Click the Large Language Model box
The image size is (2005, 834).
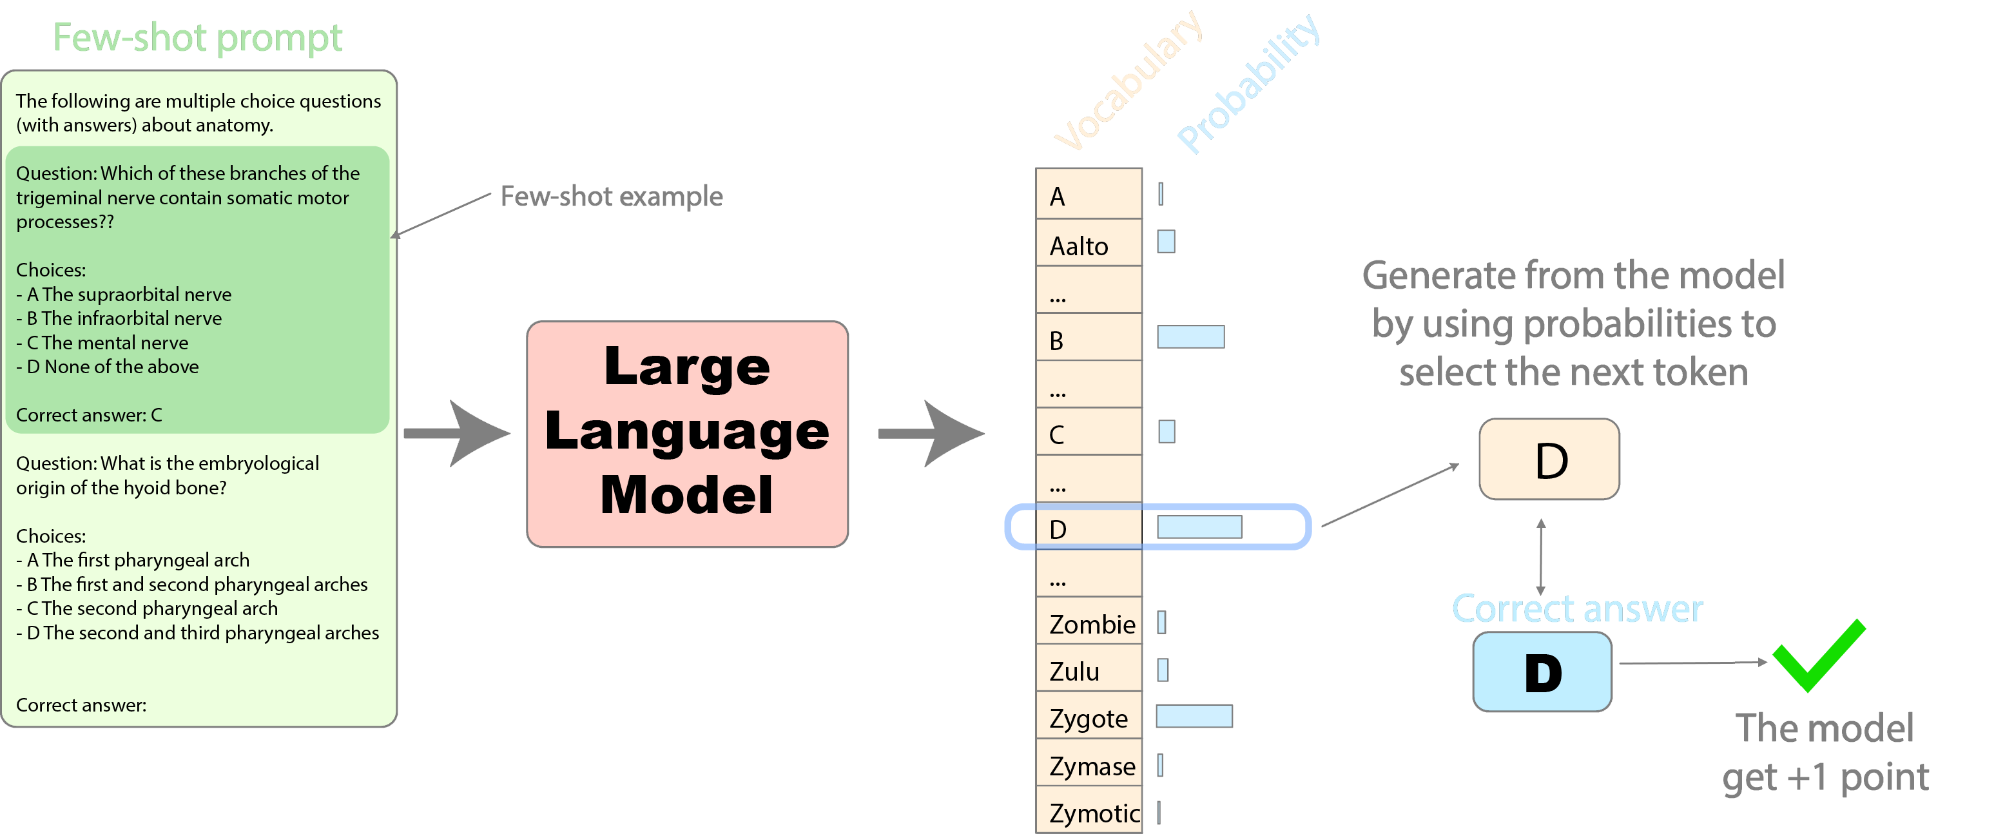pyautogui.click(x=687, y=434)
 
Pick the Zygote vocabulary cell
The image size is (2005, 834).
pyautogui.click(x=1088, y=717)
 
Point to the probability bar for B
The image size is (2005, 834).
pyautogui.click(x=1190, y=337)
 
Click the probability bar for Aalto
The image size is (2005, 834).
pyautogui.click(x=1166, y=242)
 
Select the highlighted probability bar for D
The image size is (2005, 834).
pyautogui.click(x=1199, y=527)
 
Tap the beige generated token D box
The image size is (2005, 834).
pyautogui.click(x=1549, y=460)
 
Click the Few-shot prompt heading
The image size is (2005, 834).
pyautogui.click(x=198, y=37)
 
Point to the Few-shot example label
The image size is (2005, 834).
pyautogui.click(x=611, y=196)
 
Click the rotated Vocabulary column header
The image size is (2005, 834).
pyautogui.click(x=1128, y=82)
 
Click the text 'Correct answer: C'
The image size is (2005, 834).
pyautogui.click(x=89, y=415)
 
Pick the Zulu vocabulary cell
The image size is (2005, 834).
pyautogui.click(x=1088, y=670)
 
